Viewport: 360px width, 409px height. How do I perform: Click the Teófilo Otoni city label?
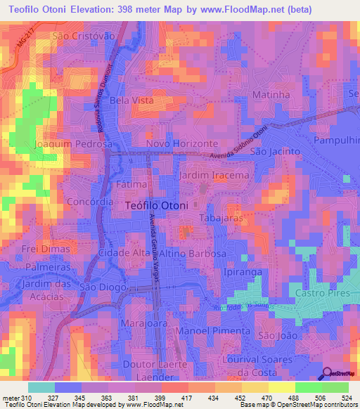156,205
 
